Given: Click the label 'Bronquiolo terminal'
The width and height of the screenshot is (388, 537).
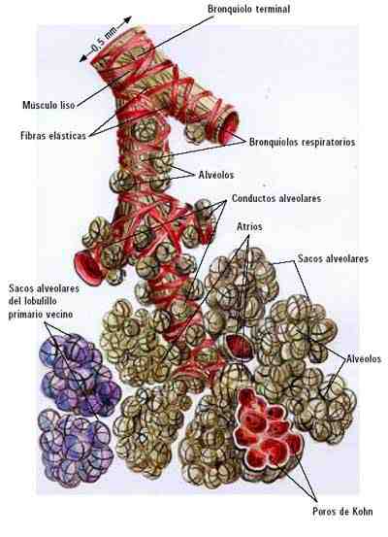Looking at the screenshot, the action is [x=248, y=9].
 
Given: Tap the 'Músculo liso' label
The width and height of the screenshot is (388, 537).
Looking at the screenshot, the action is [x=48, y=105].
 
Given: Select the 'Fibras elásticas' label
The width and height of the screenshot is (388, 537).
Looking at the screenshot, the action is [x=53, y=136].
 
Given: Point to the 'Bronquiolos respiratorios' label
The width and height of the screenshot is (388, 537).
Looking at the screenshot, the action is [x=302, y=142].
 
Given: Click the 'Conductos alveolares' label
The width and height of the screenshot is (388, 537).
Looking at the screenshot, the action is [x=276, y=198].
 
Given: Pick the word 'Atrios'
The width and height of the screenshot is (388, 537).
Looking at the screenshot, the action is [x=249, y=226].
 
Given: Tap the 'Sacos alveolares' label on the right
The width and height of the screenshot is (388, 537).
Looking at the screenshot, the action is [x=333, y=258].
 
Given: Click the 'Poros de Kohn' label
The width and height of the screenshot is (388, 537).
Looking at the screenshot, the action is [x=342, y=512].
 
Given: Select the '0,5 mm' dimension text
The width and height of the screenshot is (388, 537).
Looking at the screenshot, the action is [x=104, y=40].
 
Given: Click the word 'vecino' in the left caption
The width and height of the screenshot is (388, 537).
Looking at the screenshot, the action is [x=59, y=314].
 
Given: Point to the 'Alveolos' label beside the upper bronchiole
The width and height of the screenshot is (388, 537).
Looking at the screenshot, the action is [x=216, y=175].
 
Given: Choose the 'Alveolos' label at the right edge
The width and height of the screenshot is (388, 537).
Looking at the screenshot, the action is [x=364, y=358].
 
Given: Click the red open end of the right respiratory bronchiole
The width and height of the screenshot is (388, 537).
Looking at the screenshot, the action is [x=229, y=128].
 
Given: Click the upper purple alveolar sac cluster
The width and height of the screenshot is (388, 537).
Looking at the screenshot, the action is [x=81, y=374].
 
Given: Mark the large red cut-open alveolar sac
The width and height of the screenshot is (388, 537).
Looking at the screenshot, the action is [x=269, y=429].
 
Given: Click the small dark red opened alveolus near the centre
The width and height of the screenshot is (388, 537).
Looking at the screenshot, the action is [x=240, y=347].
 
